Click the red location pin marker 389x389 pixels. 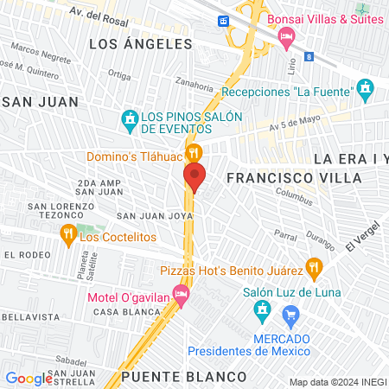[x=194, y=177]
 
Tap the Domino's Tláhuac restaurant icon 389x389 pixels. [x=195, y=149]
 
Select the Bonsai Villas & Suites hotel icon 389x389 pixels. [x=289, y=34]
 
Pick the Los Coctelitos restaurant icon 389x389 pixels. [x=67, y=233]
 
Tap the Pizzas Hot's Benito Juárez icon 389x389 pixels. [x=315, y=267]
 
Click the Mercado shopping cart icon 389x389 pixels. [x=291, y=314]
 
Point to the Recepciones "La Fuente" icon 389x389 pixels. [x=366, y=87]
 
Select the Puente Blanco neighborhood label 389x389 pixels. [x=183, y=377]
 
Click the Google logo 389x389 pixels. [x=29, y=378]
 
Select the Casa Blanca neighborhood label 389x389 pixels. [x=117, y=311]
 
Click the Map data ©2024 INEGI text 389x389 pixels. [x=337, y=381]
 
